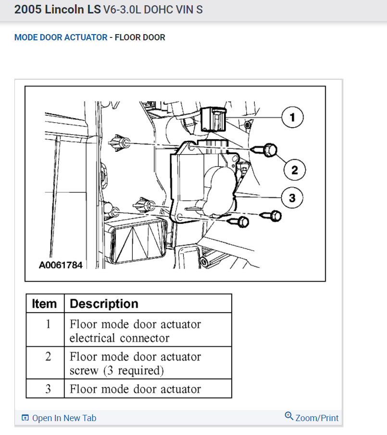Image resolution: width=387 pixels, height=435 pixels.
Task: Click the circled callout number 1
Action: [292, 117]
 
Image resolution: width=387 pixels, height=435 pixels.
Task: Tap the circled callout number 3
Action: [292, 197]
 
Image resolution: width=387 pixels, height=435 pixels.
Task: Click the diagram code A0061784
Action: [61, 265]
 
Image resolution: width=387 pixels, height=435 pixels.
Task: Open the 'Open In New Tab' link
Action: [64, 418]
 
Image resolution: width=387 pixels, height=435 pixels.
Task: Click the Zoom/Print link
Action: [317, 418]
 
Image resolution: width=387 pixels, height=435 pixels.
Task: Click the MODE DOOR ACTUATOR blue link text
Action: [61, 37]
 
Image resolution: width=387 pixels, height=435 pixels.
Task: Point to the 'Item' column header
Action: [45, 304]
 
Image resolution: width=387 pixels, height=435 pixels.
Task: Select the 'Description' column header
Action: [104, 304]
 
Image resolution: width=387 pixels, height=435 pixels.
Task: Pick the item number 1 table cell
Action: [48, 325]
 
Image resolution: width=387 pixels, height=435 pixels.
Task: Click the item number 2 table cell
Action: [48, 357]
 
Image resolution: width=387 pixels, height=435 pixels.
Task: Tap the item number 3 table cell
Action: [48, 389]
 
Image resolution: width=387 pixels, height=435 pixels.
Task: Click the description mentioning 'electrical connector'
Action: [135, 331]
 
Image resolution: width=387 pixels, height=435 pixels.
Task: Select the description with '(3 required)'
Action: [135, 363]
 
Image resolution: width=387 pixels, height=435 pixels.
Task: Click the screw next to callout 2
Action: [269, 151]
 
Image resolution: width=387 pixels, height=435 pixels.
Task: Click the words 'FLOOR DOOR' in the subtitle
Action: [140, 37]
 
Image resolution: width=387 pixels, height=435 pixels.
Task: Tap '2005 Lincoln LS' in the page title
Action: [57, 10]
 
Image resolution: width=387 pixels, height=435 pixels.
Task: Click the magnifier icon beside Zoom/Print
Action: [289, 416]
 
